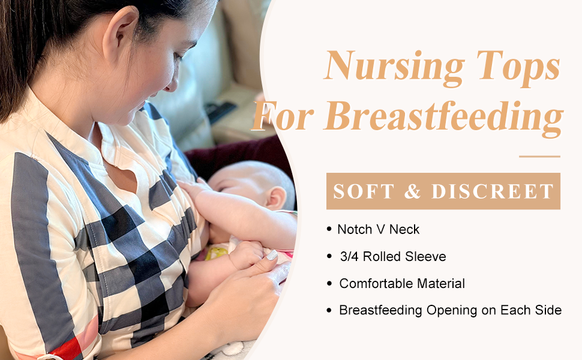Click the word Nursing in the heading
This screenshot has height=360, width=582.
click(x=394, y=67)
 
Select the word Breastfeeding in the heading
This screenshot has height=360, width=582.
click(x=444, y=118)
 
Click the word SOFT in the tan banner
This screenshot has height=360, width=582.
click(x=363, y=191)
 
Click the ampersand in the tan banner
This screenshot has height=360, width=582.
click(x=412, y=191)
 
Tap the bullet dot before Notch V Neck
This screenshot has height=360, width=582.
click(x=329, y=229)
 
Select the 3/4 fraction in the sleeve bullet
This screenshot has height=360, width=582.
click(x=349, y=256)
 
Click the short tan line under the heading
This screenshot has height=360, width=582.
click(x=539, y=157)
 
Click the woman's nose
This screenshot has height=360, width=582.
click(x=172, y=82)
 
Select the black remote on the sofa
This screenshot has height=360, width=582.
click(x=221, y=112)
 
